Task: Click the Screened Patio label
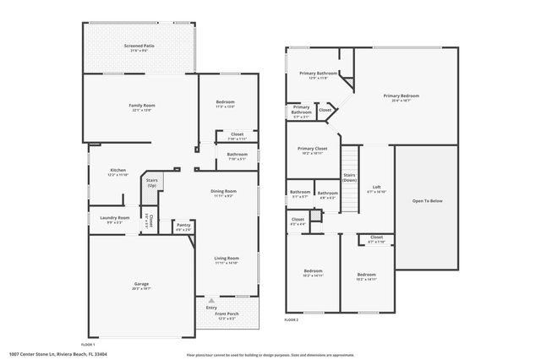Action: pos(139,46)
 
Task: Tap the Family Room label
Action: pos(142,106)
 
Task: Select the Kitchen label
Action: pos(117,171)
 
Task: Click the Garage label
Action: pos(141,285)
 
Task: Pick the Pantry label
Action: pos(183,226)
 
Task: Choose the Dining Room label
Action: pos(223,192)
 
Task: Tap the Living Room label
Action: pos(226,259)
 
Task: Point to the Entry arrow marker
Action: pos(211,300)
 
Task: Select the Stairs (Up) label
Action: pos(152,182)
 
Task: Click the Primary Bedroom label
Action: pos(402,96)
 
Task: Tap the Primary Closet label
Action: pos(312,150)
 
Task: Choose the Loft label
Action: pos(376,188)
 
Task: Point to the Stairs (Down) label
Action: pos(349,177)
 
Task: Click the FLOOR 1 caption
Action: pos(88,345)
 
